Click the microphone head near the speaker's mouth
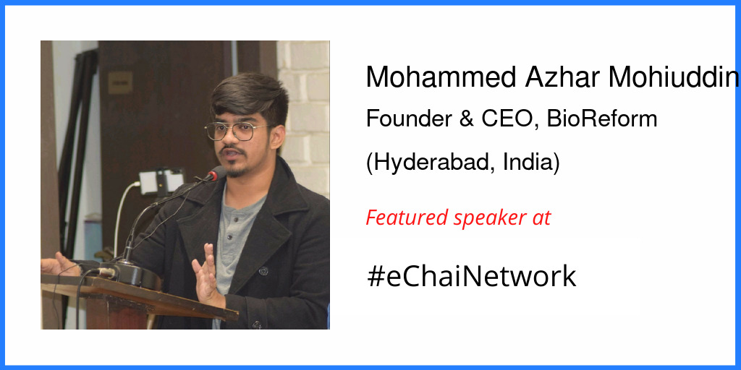pyautogui.click(x=214, y=174)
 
